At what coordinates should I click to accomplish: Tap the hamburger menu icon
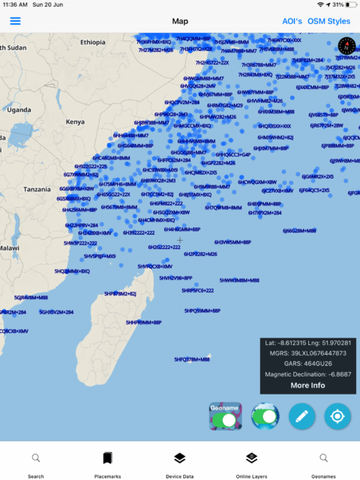pyautogui.click(x=15, y=21)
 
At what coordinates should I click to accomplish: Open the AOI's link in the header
pyautogui.click(x=292, y=21)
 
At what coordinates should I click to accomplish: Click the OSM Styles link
pyautogui.click(x=328, y=21)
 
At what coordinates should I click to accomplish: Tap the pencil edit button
pyautogui.click(x=302, y=415)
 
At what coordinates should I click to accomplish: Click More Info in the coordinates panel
pyautogui.click(x=307, y=385)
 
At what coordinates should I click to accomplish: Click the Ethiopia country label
pyautogui.click(x=93, y=42)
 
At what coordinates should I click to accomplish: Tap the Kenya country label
pyautogui.click(x=75, y=121)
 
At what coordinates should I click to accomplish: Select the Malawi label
pyautogui.click(x=9, y=247)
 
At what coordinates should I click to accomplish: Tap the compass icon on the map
pyautogui.click(x=346, y=45)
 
